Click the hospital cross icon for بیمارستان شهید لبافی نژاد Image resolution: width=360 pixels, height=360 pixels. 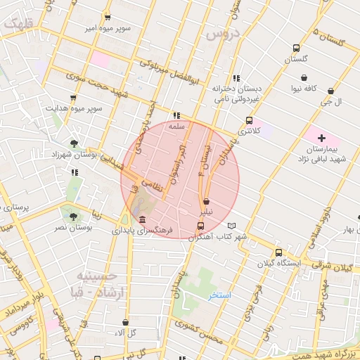click(x=322, y=138)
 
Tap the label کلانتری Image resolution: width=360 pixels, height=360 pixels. click(x=249, y=131)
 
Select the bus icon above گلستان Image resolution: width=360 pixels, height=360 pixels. click(x=296, y=49)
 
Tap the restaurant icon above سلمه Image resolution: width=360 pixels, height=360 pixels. click(x=176, y=115)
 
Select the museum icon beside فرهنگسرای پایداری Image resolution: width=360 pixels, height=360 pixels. click(x=143, y=219)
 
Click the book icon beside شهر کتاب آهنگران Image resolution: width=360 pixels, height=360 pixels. click(x=233, y=226)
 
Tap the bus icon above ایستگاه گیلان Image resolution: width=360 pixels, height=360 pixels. click(x=278, y=252)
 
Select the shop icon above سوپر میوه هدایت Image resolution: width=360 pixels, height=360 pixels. click(x=73, y=98)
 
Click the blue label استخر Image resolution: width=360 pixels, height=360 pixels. click(x=219, y=295)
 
